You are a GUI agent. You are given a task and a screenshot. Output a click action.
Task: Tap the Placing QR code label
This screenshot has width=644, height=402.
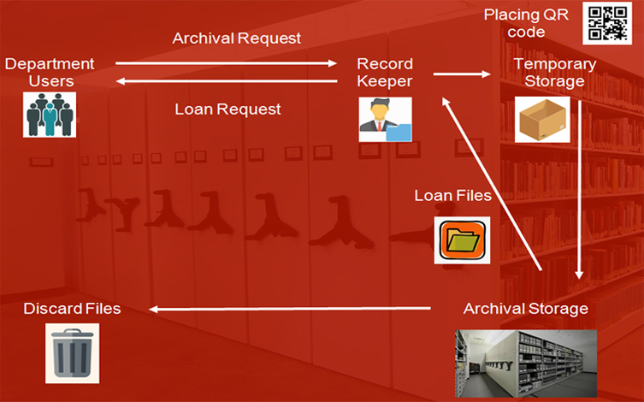click(526, 23)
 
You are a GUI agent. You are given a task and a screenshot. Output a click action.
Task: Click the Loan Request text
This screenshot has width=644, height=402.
click(227, 109)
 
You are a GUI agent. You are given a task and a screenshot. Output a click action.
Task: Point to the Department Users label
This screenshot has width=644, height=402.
click(49, 72)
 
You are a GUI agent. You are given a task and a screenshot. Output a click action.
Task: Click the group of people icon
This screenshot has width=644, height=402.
click(50, 115)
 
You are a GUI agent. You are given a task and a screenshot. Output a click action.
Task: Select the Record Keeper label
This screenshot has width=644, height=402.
click(385, 72)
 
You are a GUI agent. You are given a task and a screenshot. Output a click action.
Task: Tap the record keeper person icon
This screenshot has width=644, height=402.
click(385, 119)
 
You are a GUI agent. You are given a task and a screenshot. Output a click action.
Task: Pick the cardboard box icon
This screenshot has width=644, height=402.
click(542, 119)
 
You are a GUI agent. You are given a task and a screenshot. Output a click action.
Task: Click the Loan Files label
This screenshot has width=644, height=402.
click(453, 195)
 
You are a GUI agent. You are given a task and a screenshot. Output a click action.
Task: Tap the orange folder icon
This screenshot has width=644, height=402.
click(462, 239)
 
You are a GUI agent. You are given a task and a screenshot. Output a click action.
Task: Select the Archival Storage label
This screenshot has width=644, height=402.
click(525, 308)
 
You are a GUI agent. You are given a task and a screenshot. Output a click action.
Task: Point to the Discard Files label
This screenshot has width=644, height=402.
click(72, 308)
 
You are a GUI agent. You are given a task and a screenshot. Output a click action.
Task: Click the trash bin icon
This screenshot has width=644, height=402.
click(72, 354)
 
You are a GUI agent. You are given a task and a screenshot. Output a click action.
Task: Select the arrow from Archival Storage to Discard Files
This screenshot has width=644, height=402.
click(291, 308)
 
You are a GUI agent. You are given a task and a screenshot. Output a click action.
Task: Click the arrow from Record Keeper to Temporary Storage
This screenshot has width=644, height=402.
click(462, 74)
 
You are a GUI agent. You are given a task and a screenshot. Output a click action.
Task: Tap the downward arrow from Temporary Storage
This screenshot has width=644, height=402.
click(580, 188)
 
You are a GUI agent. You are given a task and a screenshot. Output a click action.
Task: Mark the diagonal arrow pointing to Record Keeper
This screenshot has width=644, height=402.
click(492, 184)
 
